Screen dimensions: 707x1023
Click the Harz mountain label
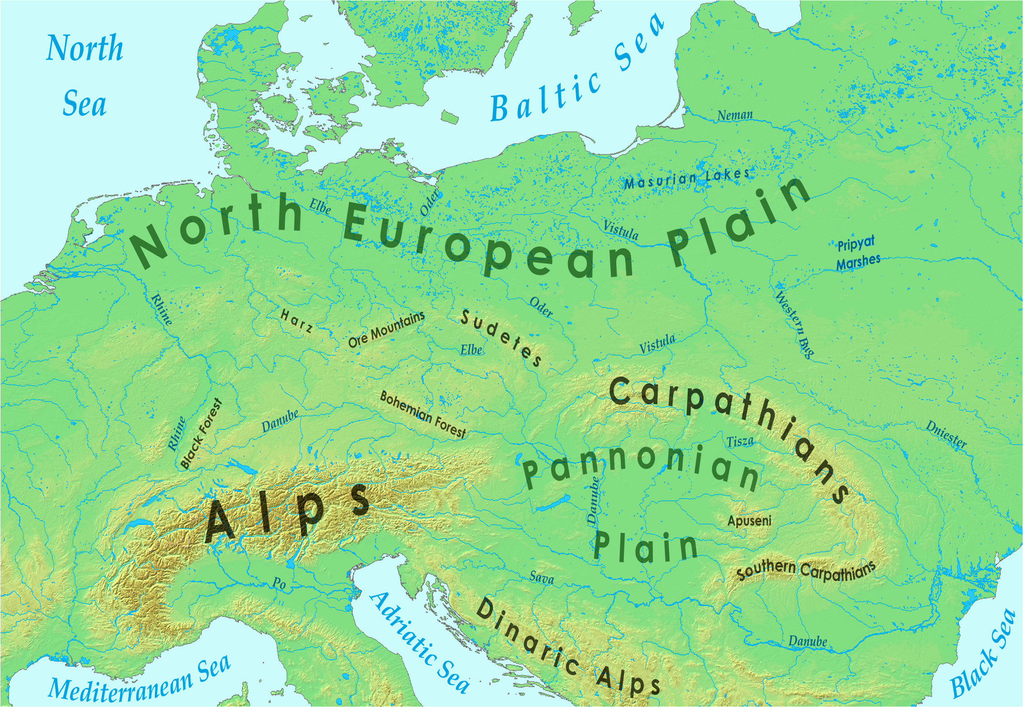[x=296, y=321]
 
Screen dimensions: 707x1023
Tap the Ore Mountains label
[x=386, y=329]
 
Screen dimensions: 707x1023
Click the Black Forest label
[x=201, y=434]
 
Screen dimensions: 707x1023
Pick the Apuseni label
[x=749, y=521]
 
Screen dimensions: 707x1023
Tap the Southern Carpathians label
[x=805, y=570]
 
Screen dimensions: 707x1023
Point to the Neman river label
[x=735, y=116]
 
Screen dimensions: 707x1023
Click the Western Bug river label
[x=795, y=324]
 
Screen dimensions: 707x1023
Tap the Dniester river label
[x=946, y=434]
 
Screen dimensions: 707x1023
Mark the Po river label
[x=279, y=583]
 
